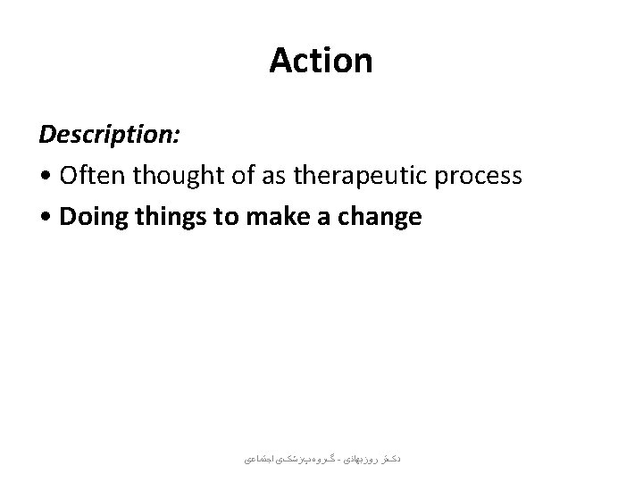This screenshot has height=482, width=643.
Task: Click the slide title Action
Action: point(321,62)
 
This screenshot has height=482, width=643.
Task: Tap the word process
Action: point(478,177)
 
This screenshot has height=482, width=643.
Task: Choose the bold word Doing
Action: point(91,216)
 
